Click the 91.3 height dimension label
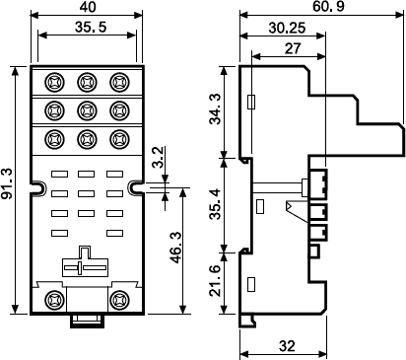pos(7,183)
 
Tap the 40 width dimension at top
pos(88,7)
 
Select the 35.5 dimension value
pos(91,27)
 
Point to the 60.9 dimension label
pos(328,6)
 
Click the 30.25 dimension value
pos(287,29)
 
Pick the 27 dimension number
pos(292,48)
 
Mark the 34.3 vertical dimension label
pos(216,108)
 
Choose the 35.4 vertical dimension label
pos(216,204)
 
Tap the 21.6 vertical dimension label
pos(216,281)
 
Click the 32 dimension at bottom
pos(287,346)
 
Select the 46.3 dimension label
pos(176,248)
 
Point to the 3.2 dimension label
pos(159,158)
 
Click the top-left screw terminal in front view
pos(54,82)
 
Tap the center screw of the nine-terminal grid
pos(87,110)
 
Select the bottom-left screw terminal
pos(54,300)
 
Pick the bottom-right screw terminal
pos(119,300)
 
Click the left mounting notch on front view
pos(38,187)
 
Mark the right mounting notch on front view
pos(136,187)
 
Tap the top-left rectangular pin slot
pos(59,174)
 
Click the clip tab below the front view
pos(87,321)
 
